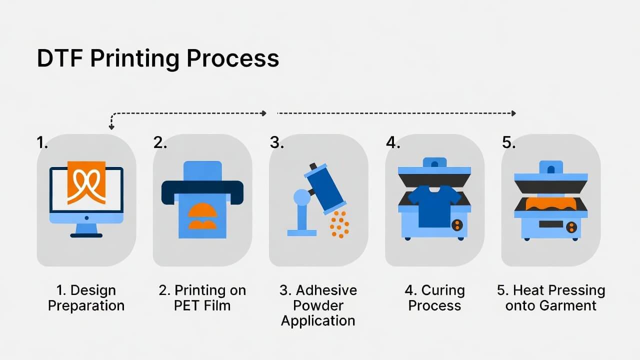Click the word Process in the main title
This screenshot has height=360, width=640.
point(232,58)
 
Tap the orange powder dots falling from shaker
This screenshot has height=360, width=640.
point(339,223)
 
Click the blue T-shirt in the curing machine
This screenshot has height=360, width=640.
point(434,205)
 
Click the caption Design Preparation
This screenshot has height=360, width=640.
point(86,298)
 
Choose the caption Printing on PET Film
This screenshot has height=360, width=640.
point(202,298)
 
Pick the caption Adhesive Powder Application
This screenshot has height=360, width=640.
point(318,305)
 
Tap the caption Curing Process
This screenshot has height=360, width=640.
point(434,298)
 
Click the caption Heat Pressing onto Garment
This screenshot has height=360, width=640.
point(551,298)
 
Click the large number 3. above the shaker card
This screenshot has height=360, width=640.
point(276,142)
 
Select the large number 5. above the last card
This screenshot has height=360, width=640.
point(508,142)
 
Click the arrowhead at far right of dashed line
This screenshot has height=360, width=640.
point(513,113)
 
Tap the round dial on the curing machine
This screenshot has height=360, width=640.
point(457,225)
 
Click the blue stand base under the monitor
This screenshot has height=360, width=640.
point(86,234)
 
